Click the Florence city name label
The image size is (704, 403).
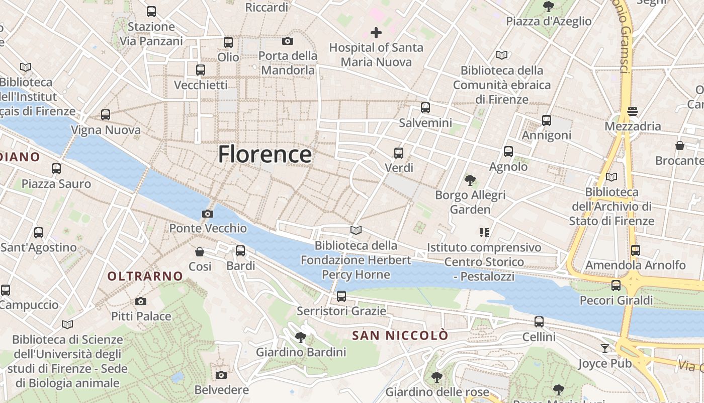click(x=265, y=154)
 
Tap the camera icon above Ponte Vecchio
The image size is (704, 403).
click(x=207, y=214)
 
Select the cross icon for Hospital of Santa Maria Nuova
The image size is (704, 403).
click(x=376, y=33)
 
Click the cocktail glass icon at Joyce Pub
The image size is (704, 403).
click(x=604, y=348)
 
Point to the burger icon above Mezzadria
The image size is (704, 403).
click(x=633, y=111)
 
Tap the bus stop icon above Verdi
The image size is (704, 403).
click(x=399, y=153)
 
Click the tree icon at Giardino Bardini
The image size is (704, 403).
click(x=301, y=337)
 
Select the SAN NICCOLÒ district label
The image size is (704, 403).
click(x=400, y=335)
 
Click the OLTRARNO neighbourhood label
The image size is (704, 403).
click(x=145, y=276)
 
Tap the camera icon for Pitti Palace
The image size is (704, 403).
click(x=141, y=302)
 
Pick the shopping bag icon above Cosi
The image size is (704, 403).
click(x=200, y=251)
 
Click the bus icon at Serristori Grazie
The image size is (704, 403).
click(x=341, y=296)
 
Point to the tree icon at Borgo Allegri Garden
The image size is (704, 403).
click(x=470, y=180)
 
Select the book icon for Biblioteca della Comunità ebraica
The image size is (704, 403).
click(x=502, y=55)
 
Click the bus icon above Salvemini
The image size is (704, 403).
click(x=425, y=108)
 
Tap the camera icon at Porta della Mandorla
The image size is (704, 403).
click(x=288, y=41)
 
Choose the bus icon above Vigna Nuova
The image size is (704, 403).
click(x=106, y=115)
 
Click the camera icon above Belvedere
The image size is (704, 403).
click(x=221, y=375)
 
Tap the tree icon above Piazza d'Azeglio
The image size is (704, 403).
click(x=549, y=7)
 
